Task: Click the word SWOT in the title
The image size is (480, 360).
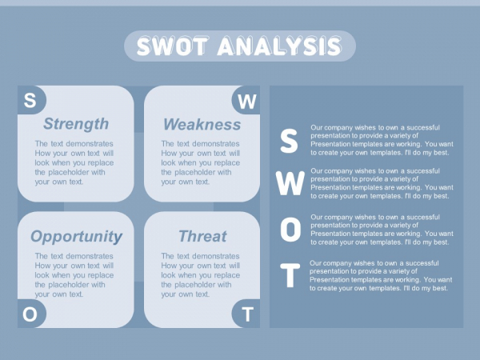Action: (x=173, y=46)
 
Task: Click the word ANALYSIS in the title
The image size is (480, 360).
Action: (x=279, y=46)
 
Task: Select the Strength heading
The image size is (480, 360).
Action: (x=76, y=124)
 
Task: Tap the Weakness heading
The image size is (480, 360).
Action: (x=202, y=125)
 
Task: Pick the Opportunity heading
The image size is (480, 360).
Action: (x=76, y=237)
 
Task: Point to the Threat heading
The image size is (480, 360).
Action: (x=202, y=236)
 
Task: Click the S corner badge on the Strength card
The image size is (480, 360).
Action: (x=30, y=100)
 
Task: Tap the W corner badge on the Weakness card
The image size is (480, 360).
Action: (x=246, y=101)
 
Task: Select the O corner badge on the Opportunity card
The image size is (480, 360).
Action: (x=30, y=314)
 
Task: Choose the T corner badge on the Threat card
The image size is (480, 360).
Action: (x=246, y=314)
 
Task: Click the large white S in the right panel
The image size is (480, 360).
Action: (x=289, y=141)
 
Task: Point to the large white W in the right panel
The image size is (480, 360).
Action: (x=290, y=183)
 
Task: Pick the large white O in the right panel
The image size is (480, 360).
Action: (x=290, y=230)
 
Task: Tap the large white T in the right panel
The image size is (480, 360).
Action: (x=290, y=275)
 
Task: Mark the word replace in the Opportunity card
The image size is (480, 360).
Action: (x=101, y=275)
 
